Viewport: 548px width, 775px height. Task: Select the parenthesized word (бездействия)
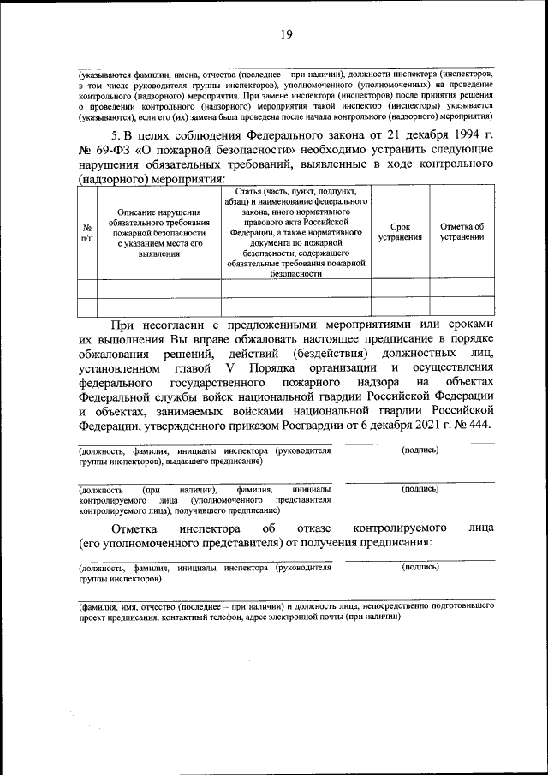(x=329, y=353)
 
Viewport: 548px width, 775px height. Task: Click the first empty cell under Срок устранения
(x=400, y=287)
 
